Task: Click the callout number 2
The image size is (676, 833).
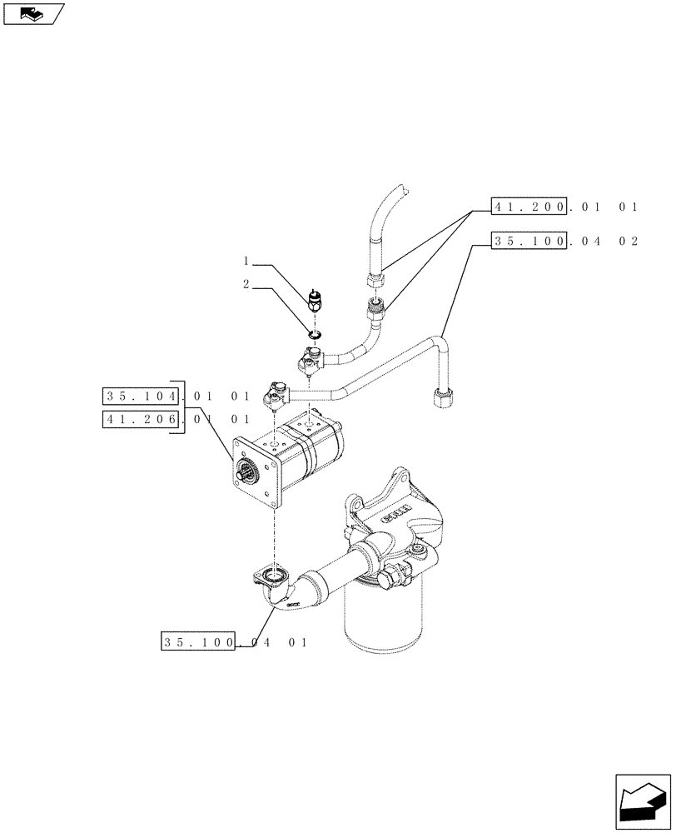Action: [x=246, y=284]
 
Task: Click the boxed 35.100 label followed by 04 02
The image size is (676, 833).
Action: [x=530, y=242]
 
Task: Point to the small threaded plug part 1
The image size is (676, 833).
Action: [x=315, y=300]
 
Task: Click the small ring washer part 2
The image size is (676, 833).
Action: [x=314, y=335]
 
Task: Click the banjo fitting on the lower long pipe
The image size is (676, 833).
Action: [x=276, y=391]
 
